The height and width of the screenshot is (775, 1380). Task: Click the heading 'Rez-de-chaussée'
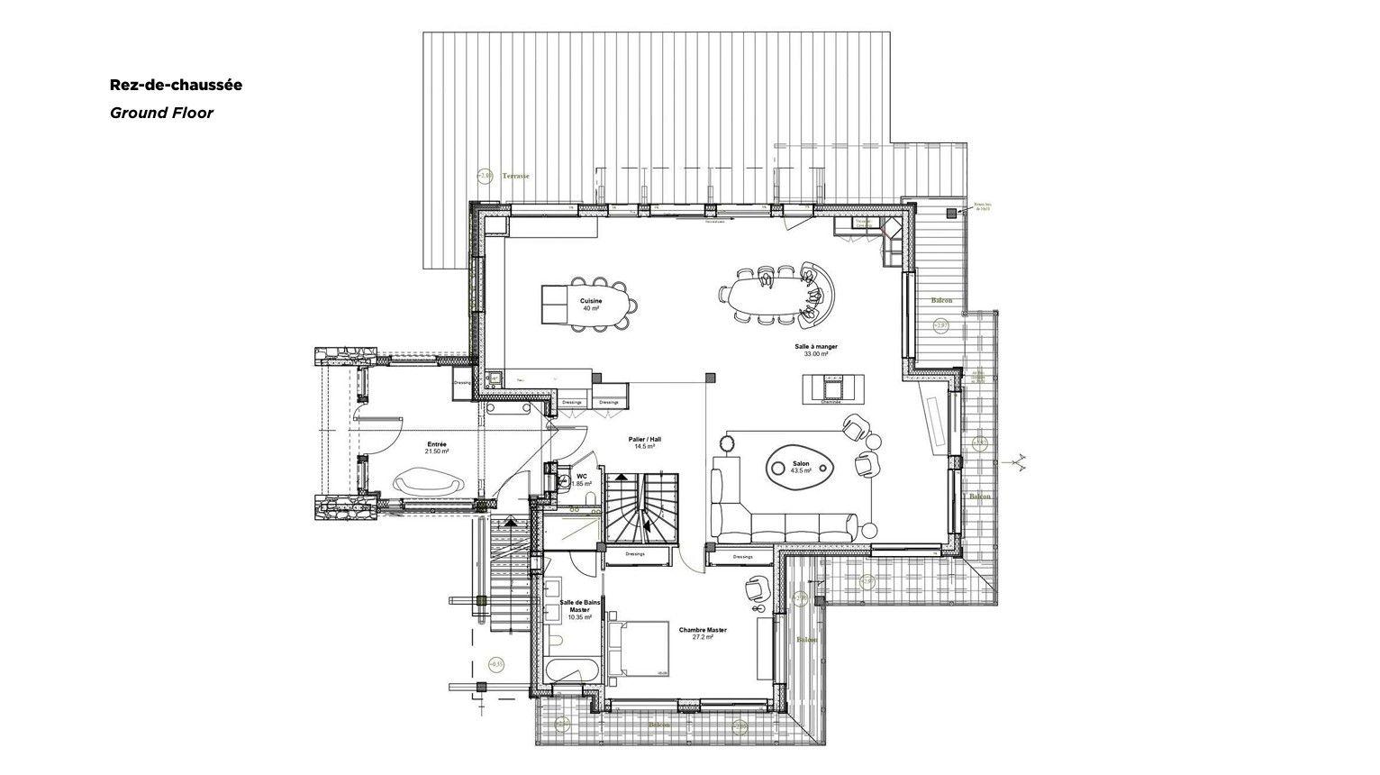click(x=176, y=85)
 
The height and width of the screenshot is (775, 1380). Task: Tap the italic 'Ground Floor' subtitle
click(x=161, y=113)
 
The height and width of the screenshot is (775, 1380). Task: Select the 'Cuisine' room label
click(x=591, y=300)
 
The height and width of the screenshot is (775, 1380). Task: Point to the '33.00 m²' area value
click(x=816, y=354)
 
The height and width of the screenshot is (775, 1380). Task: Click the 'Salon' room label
click(x=801, y=464)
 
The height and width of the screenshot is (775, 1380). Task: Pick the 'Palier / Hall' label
click(x=643, y=439)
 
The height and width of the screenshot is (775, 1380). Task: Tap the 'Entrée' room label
click(x=437, y=444)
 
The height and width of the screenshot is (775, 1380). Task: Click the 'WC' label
click(x=582, y=475)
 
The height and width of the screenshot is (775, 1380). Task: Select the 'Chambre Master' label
click(x=703, y=630)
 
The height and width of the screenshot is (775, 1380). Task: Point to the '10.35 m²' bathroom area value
click(x=579, y=617)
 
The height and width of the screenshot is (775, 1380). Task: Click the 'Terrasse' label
click(x=516, y=176)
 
